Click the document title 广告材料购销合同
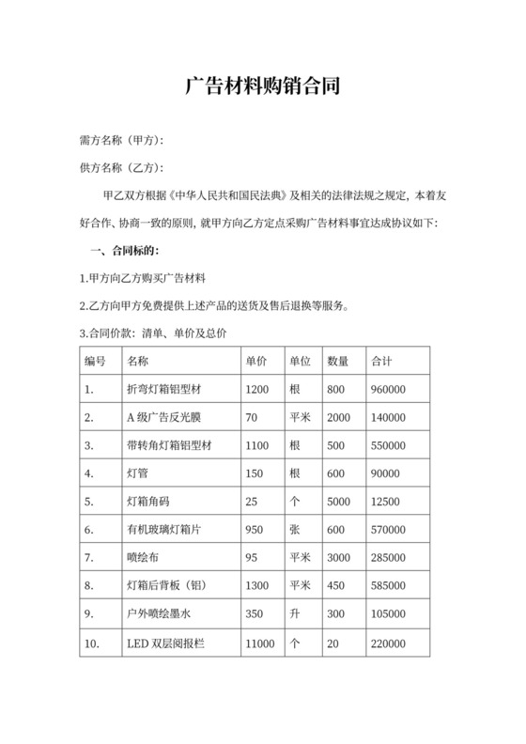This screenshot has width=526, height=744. [x=262, y=86]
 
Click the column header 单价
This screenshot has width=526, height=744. [x=256, y=361]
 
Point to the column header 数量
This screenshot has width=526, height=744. [x=337, y=361]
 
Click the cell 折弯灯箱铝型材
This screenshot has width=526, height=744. [x=170, y=389]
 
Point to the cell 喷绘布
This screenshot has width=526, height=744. [x=144, y=558]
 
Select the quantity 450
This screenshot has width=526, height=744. [x=336, y=586]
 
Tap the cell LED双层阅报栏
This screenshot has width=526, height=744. [x=166, y=643]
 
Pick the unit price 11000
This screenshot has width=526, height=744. [x=259, y=643]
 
